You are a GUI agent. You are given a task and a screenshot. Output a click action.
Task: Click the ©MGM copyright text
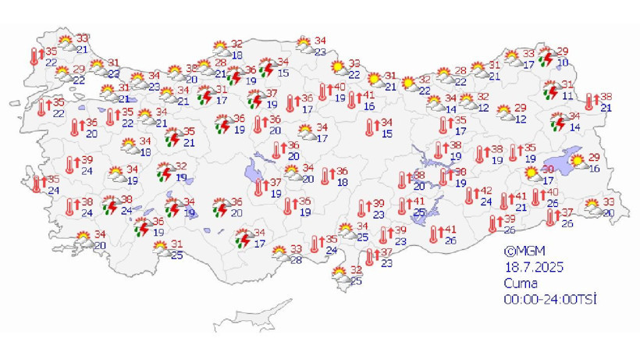tap(521, 251)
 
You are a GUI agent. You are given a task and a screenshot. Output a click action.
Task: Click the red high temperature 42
tap(485, 191)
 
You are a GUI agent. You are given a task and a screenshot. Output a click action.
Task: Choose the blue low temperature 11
tap(568, 96)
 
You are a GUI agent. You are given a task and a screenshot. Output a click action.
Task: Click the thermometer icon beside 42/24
tap(470, 197)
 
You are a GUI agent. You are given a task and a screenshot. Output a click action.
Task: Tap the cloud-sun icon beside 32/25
tap(340, 275)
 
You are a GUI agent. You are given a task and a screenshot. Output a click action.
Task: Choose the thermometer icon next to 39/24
tap(70, 165)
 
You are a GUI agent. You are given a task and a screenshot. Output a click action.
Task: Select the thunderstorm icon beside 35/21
tap(172, 137)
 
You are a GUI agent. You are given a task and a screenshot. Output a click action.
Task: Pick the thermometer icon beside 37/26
tap(551, 219)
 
